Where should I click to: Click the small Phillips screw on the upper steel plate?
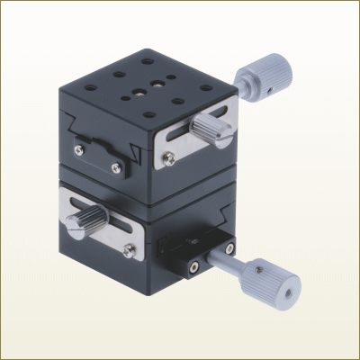pos(169,157)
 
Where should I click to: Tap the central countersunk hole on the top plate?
pos(137,91)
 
